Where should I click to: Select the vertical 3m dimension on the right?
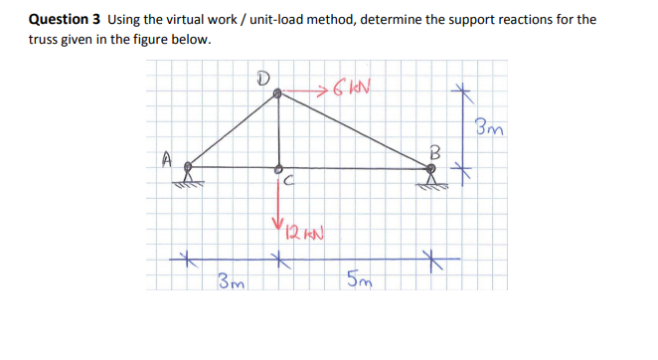[x=488, y=127]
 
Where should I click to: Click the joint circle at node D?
[x=278, y=92]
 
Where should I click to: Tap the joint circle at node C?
[x=278, y=168]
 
